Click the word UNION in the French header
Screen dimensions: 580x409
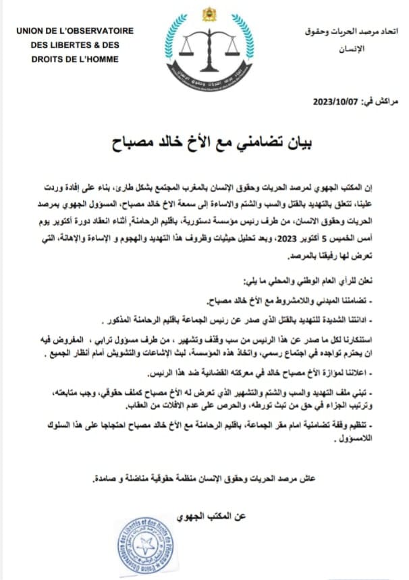(31, 30)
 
